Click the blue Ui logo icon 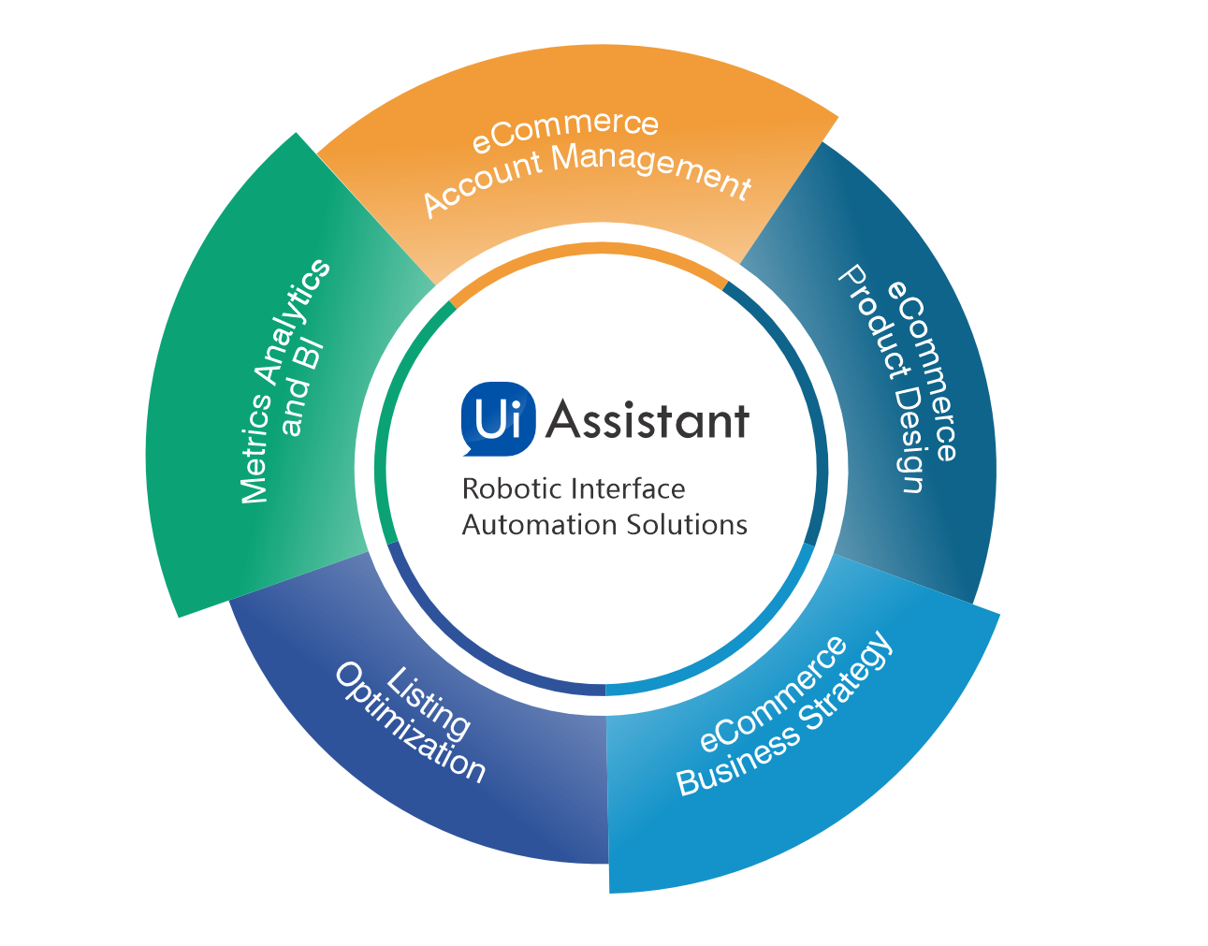point(498,418)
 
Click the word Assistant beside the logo point(648,420)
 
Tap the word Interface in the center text point(628,488)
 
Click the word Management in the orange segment point(651,169)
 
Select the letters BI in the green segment point(311,356)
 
